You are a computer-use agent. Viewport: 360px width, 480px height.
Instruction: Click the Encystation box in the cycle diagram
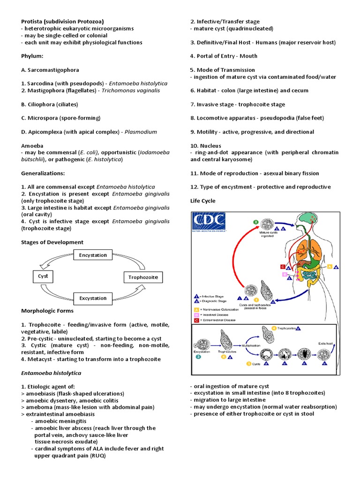[x=93, y=255]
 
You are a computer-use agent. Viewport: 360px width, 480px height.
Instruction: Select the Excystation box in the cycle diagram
[x=93, y=298]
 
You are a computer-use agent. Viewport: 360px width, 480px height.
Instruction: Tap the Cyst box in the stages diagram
[x=43, y=277]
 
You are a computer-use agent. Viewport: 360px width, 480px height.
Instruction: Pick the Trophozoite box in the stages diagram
[x=143, y=277]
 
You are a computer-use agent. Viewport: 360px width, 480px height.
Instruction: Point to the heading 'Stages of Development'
[x=52, y=242]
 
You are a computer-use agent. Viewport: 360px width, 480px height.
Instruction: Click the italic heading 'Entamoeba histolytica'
[x=51, y=373]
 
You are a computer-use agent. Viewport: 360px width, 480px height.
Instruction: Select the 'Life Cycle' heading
[x=203, y=201]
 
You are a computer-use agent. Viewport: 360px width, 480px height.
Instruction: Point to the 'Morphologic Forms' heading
[x=47, y=311]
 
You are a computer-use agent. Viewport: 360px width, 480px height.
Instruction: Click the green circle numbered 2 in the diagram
[x=255, y=222]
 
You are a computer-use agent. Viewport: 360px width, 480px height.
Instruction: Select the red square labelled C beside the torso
[x=283, y=267]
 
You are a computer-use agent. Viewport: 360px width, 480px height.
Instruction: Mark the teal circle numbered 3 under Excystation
[x=199, y=357]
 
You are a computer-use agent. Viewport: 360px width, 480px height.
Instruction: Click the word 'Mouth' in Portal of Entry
[x=248, y=56]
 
